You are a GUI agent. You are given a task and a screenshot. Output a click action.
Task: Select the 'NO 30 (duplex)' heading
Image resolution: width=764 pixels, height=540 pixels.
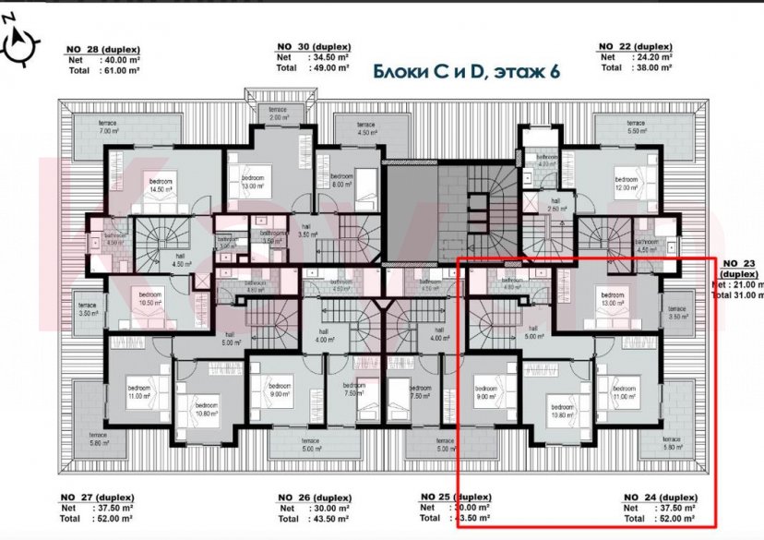click(x=314, y=46)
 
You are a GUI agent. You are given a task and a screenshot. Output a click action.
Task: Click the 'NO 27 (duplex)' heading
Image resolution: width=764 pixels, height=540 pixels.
click(x=98, y=497)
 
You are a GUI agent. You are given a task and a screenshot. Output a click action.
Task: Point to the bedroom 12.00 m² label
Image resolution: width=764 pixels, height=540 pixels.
click(x=627, y=183)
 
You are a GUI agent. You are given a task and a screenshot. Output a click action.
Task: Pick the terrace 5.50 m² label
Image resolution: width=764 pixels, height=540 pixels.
click(x=636, y=127)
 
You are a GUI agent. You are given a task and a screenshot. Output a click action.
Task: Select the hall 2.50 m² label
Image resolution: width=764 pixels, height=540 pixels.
click(x=555, y=205)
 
